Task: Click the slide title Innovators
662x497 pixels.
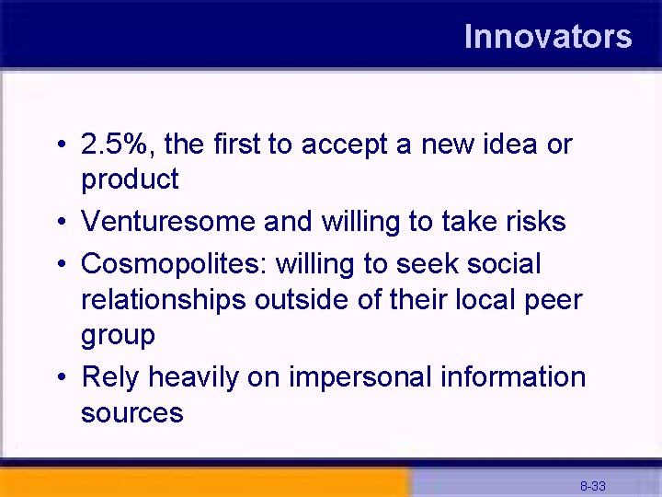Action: [548, 37]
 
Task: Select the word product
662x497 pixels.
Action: [130, 180]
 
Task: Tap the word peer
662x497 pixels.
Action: [554, 300]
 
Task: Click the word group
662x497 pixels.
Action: [118, 336]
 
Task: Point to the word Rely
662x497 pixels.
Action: [110, 377]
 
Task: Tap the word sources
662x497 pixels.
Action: [131, 413]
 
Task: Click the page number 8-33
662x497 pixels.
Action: [592, 485]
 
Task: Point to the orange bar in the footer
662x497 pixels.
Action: [202, 482]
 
